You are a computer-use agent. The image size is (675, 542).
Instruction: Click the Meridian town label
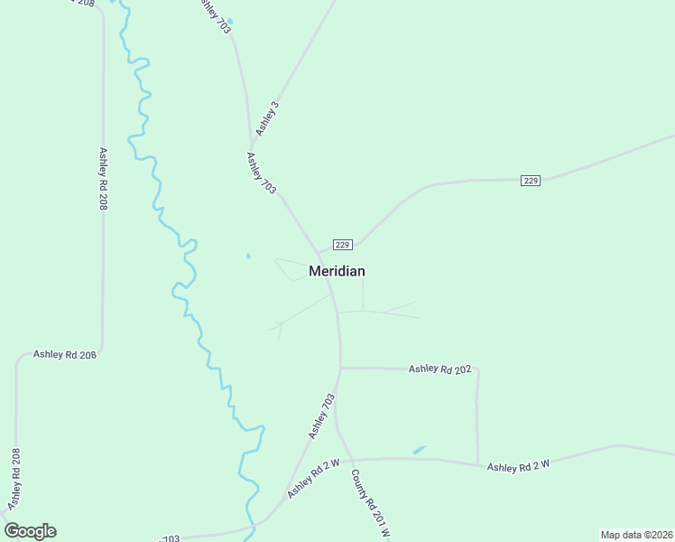337,271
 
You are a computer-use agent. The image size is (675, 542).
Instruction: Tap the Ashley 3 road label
267,119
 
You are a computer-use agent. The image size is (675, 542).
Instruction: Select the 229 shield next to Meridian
342,245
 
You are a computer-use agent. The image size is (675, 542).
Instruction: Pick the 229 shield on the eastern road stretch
531,181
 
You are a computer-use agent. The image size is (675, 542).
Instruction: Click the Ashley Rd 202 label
440,369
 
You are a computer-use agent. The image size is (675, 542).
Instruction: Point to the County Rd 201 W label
370,504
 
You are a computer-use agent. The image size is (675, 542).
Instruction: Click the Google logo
30,531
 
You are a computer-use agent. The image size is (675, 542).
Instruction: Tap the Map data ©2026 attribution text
636,535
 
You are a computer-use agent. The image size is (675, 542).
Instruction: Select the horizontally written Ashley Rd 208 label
64,355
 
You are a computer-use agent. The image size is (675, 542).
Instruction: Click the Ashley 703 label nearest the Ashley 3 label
261,173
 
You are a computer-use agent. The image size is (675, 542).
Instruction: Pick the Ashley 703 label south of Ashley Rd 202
321,416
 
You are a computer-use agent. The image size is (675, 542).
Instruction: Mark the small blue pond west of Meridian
248,256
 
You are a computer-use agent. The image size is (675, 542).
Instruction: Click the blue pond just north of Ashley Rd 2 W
420,449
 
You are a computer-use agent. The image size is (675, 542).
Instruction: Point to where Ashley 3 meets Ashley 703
252,148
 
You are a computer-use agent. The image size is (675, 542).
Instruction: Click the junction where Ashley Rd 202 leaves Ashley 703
341,368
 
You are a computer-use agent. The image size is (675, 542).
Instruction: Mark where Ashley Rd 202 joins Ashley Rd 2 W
478,464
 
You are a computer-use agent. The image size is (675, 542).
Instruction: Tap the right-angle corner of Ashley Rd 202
477,369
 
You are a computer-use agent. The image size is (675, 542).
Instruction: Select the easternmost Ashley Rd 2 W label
518,467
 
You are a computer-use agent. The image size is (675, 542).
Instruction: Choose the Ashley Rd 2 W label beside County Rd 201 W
313,479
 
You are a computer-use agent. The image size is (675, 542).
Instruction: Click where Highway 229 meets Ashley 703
318,253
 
